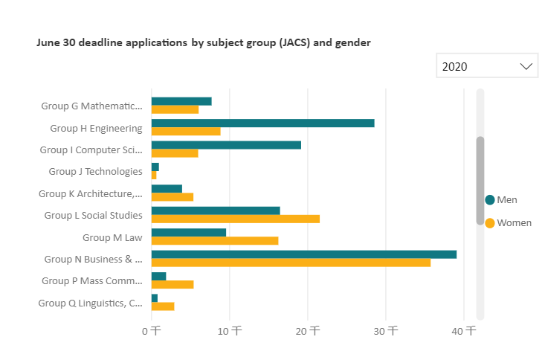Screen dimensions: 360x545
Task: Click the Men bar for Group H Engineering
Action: [x=262, y=123]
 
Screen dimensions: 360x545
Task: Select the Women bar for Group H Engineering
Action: [x=186, y=132]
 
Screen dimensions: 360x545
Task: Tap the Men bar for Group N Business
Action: [x=303, y=254]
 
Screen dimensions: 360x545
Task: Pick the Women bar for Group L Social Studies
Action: [x=235, y=219]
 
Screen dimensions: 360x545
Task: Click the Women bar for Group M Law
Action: [x=214, y=240]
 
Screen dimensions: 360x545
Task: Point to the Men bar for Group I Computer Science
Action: [x=226, y=145]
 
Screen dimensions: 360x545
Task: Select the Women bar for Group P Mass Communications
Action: [x=172, y=284]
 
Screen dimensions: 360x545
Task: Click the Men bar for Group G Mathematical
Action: [x=181, y=101]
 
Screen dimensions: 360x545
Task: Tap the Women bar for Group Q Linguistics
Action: [x=163, y=306]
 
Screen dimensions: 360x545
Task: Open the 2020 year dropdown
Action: [x=476, y=66]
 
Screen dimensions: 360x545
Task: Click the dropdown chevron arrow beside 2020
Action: [x=526, y=66]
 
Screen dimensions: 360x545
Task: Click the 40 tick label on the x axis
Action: [x=465, y=330]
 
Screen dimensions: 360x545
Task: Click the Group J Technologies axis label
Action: [x=95, y=171]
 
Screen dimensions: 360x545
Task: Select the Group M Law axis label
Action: [x=112, y=237]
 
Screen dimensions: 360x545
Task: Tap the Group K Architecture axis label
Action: [x=90, y=193]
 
